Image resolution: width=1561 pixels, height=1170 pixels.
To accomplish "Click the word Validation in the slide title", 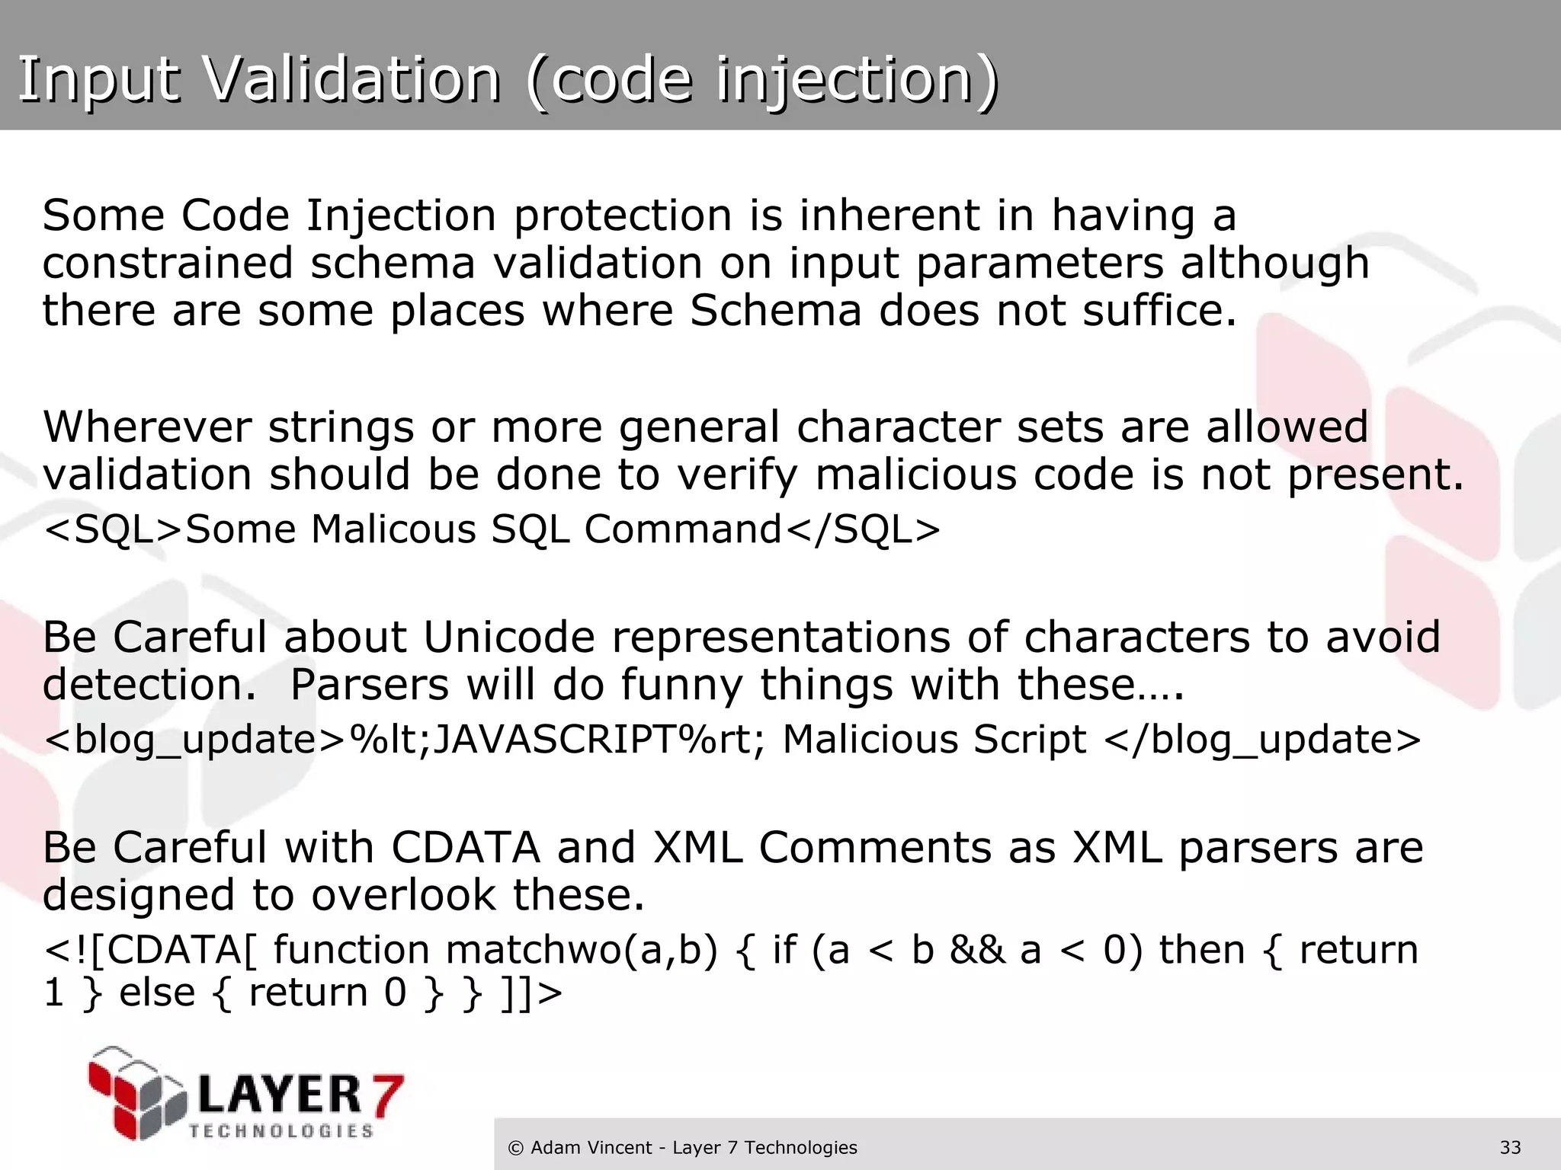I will tap(354, 79).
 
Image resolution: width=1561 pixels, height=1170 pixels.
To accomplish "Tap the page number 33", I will tap(1510, 1147).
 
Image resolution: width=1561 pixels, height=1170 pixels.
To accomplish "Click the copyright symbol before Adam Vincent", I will tap(516, 1147).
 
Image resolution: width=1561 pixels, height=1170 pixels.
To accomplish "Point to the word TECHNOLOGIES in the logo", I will tap(281, 1131).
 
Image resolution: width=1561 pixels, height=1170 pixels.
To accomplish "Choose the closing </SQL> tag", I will tap(862, 529).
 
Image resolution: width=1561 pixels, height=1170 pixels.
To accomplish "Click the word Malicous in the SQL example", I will tap(393, 529).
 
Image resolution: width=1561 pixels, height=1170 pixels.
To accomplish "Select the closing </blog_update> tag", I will tap(1262, 739).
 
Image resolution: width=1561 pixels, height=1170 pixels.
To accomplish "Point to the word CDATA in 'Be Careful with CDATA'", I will tap(465, 847).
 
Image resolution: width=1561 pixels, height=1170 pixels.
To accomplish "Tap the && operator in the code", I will tap(977, 950).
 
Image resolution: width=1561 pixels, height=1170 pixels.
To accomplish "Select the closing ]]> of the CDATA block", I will tap(532, 992).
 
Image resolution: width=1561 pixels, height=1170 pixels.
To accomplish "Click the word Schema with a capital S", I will tap(775, 311).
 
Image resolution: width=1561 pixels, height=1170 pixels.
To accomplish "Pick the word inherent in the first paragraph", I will tap(889, 216).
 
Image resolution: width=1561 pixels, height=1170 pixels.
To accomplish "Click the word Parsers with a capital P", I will tap(370, 684).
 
